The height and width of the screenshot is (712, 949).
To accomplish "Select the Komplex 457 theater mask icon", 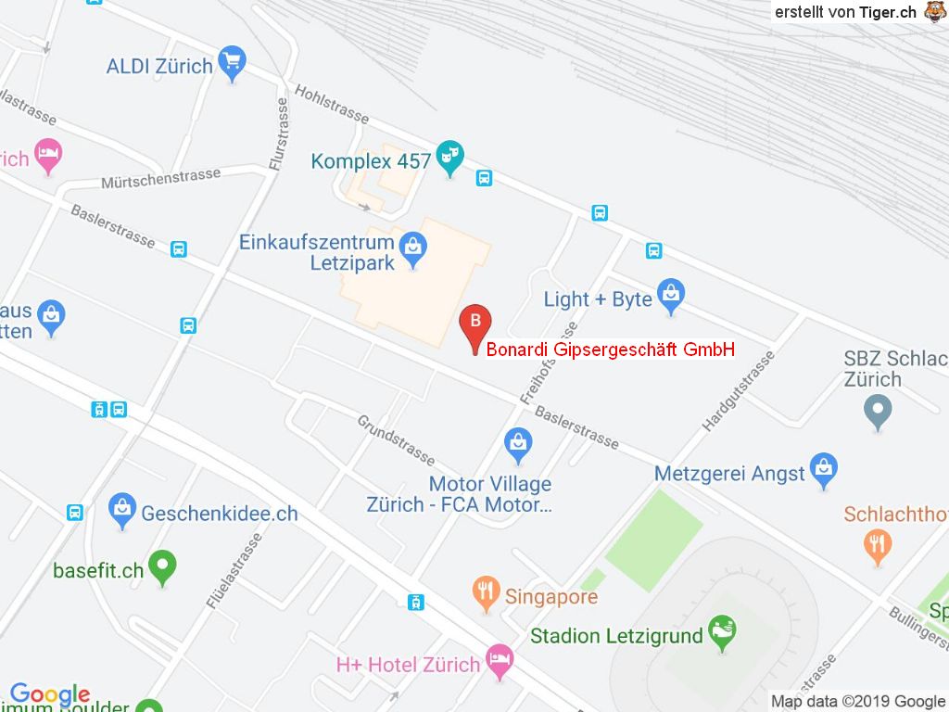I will point(450,159).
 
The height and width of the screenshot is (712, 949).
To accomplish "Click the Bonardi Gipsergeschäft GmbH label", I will point(611,350).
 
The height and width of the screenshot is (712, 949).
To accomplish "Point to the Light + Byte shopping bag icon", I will point(670,297).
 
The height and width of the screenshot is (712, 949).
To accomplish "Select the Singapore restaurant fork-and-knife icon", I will point(487,592).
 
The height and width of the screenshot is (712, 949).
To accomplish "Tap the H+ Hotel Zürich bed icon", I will point(500,662).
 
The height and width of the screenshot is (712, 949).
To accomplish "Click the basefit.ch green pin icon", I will point(163,566).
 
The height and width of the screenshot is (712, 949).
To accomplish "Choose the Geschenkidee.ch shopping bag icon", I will point(121,510).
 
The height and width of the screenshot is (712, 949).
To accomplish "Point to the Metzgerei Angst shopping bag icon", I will point(823,470).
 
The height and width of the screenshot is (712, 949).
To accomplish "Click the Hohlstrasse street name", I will point(332,104).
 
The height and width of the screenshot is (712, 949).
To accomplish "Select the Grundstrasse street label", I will point(396,439).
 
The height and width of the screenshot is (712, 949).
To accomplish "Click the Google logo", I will point(49,694).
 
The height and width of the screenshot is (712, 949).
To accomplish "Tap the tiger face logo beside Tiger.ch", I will point(933,11).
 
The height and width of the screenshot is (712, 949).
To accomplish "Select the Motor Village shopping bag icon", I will point(519,444).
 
